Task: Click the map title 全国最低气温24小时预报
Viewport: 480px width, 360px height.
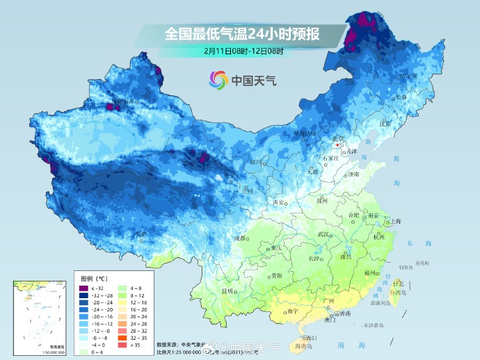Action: click(239, 33)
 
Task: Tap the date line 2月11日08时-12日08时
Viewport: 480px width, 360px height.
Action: click(239, 51)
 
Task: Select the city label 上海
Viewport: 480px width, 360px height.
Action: click(396, 222)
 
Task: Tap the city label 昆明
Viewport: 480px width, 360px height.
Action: click(226, 291)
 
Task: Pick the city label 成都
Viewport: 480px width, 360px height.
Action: click(240, 238)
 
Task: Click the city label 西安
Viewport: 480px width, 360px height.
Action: click(279, 202)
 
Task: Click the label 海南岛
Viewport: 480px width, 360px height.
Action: click(301, 345)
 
